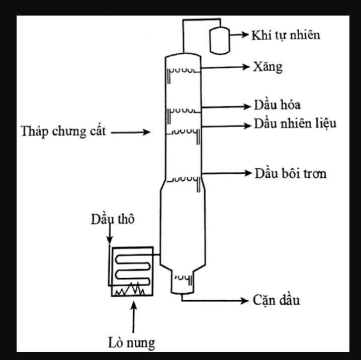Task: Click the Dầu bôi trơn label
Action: click(291, 174)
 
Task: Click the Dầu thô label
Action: click(113, 220)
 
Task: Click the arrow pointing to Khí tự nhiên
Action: click(239, 35)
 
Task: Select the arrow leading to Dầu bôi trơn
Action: click(226, 173)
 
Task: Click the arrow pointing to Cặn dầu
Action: click(216, 300)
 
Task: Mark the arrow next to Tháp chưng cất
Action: click(131, 133)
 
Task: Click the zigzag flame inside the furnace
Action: click(130, 289)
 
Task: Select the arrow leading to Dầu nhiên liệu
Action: click(226, 125)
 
